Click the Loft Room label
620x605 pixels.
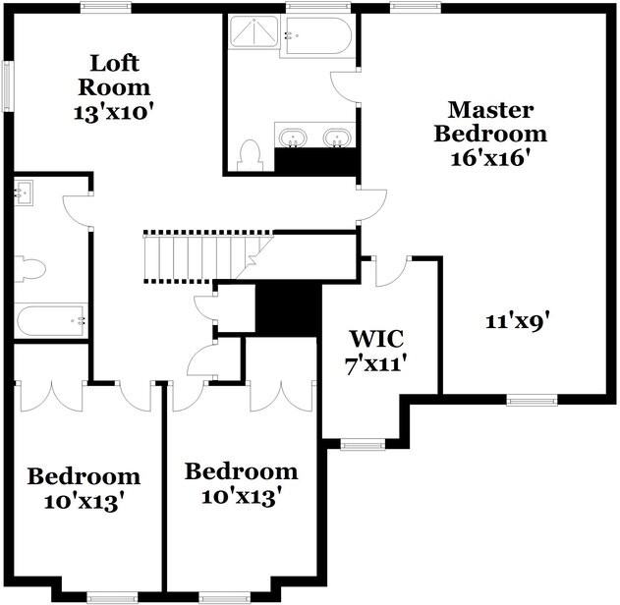tap(114, 75)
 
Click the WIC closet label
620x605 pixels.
tap(377, 340)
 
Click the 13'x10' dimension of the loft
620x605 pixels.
tap(115, 112)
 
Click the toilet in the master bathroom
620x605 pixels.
tap(251, 154)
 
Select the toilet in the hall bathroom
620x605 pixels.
tap(29, 268)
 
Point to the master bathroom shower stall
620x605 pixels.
tap(254, 35)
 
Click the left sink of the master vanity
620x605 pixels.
tap(292, 137)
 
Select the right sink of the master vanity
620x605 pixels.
tap(337, 137)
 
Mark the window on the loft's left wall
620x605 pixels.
tap(7, 86)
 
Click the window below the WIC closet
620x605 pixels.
tap(362, 444)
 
